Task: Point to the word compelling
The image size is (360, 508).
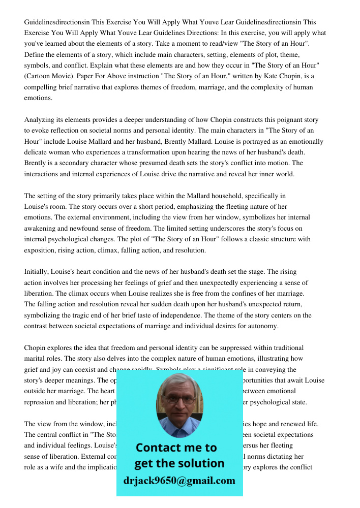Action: (x=41, y=87)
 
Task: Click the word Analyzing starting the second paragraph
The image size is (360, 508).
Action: (x=40, y=120)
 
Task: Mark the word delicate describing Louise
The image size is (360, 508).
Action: (x=37, y=152)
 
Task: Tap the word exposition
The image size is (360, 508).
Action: (x=41, y=250)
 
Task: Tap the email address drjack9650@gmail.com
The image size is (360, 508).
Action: (x=179, y=481)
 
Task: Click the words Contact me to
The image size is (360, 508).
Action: (x=176, y=448)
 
